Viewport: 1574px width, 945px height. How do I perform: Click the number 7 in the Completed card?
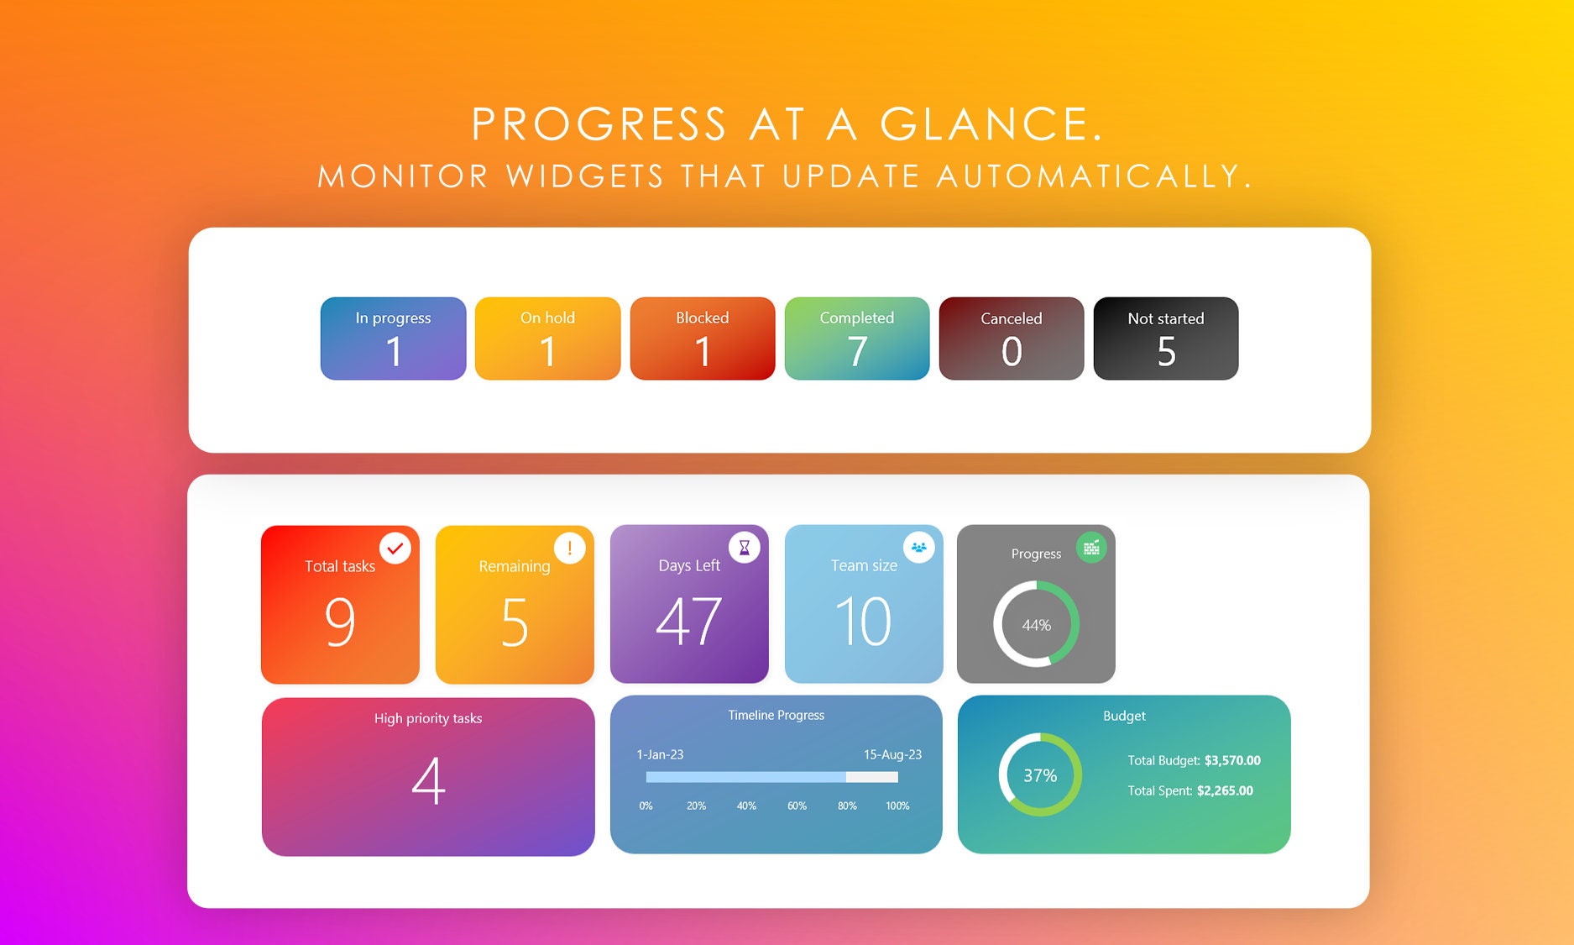[857, 351]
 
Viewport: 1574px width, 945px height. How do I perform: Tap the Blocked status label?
[703, 318]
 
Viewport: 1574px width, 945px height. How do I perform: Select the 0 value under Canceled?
[1012, 351]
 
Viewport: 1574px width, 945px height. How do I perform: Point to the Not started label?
[1165, 318]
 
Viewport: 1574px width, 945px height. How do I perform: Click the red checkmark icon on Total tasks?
[395, 549]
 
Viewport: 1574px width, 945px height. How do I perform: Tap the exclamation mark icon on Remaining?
[569, 549]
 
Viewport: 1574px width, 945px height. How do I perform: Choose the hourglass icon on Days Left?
[744, 548]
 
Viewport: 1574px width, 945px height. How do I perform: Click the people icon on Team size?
[918, 548]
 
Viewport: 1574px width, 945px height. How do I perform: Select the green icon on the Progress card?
[1090, 548]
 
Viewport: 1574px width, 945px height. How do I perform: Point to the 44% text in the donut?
[1036, 625]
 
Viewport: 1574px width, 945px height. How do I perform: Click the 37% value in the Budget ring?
[1040, 775]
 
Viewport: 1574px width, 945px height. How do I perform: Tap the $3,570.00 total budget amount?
[1232, 760]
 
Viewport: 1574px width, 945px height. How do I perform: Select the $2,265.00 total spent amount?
[1225, 790]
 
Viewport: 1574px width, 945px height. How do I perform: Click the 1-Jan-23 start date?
[660, 754]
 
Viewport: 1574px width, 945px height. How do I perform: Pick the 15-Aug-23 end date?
[892, 754]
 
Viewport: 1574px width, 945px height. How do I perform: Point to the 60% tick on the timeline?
[797, 806]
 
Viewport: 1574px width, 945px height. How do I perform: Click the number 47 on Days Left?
[688, 622]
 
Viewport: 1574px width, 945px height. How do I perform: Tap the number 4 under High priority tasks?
[428, 780]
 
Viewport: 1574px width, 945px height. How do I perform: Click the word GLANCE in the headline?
[991, 124]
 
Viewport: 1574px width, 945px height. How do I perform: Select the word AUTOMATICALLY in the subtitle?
[1094, 176]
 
